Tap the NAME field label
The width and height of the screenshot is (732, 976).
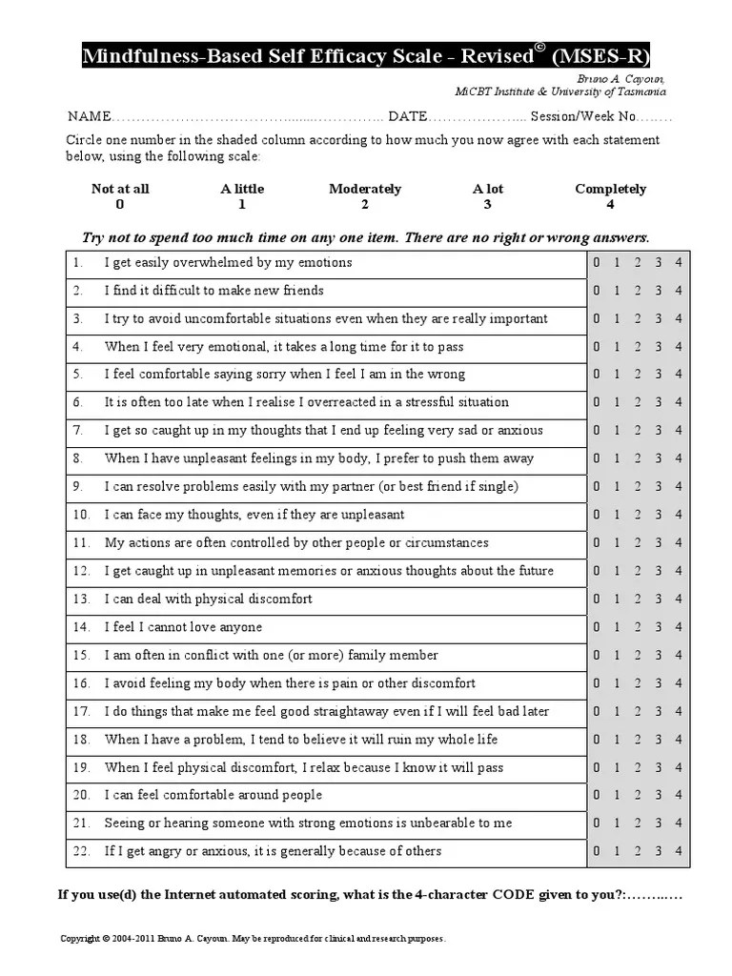(x=90, y=116)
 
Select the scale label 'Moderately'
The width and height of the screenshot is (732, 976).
(x=365, y=189)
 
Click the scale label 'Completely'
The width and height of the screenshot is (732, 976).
(x=611, y=189)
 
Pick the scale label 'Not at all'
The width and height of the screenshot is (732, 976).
(x=120, y=189)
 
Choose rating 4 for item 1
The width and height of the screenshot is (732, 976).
(x=678, y=263)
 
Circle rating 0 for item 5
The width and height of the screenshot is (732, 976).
(x=597, y=375)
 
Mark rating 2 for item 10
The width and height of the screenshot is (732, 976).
(x=637, y=515)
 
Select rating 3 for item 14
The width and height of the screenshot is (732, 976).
(x=658, y=627)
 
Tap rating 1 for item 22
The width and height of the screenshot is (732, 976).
(x=617, y=851)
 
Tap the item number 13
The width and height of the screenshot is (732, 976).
(x=81, y=599)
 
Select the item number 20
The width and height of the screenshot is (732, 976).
(x=81, y=795)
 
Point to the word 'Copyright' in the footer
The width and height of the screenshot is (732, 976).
(x=80, y=939)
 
